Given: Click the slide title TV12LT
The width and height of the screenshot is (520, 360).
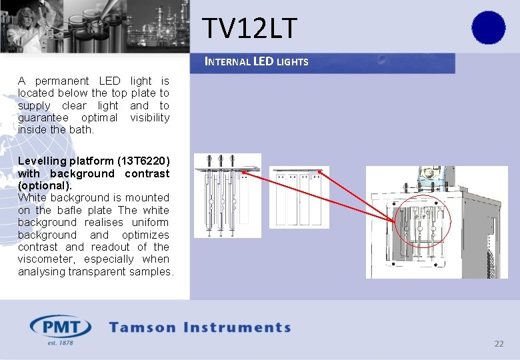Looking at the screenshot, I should click(249, 29).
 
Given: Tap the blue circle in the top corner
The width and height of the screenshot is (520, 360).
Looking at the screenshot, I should click(488, 28).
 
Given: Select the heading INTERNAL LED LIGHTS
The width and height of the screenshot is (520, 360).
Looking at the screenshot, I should click(257, 62).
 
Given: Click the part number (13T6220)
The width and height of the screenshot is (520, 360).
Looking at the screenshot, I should click(143, 161).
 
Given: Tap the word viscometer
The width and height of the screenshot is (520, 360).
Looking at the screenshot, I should click(44, 259).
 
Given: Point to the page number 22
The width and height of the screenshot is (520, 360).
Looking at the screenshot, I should click(499, 344).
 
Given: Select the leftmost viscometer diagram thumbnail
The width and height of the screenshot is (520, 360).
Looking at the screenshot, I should click(227, 195).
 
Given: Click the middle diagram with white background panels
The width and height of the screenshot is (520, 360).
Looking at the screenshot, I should click(299, 197).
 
